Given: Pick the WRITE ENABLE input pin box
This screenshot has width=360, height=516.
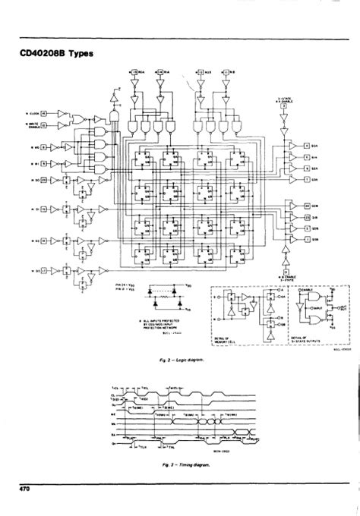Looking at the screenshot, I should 44,125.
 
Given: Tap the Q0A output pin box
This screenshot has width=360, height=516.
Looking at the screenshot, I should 307,145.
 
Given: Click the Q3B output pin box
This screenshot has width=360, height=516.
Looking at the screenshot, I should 307,237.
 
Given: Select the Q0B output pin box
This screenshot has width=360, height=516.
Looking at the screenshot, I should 307,206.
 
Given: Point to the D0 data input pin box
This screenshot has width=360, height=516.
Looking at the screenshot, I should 44,179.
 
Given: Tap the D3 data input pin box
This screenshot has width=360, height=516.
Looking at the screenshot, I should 44,269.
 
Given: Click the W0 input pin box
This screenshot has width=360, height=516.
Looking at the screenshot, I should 44,146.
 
